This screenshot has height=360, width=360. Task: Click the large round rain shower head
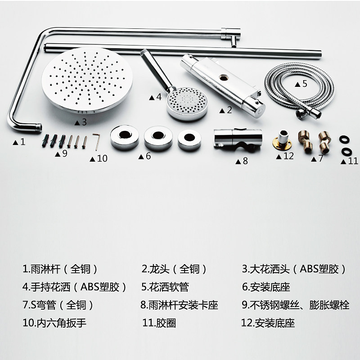click(x=87, y=80)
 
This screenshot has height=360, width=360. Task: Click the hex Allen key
click(x=97, y=141)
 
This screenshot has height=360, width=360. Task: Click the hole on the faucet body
click(x=223, y=77)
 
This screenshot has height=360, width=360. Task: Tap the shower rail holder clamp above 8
click(x=238, y=139)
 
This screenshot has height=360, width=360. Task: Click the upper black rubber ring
click(x=344, y=139)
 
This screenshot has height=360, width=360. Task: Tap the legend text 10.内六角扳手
click(x=54, y=323)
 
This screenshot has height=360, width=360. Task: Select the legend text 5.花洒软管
click(x=165, y=287)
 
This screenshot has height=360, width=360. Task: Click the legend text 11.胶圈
click(x=159, y=323)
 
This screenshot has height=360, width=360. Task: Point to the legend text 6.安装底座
click(x=266, y=287)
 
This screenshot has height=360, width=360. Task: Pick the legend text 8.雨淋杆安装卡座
click(x=179, y=305)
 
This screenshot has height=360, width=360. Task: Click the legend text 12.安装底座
click(x=268, y=323)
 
